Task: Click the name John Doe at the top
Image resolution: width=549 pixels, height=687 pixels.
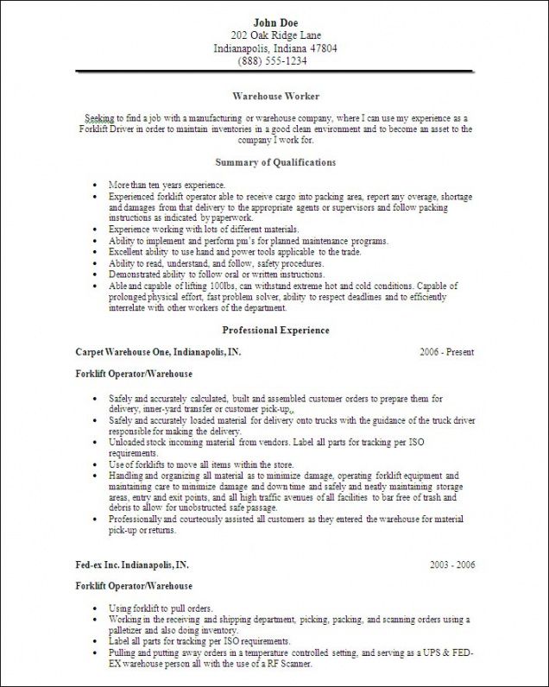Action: pos(275,21)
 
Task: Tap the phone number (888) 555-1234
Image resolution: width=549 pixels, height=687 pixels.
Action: pos(275,62)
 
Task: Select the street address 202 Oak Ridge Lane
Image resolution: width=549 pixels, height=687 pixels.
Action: pos(275,35)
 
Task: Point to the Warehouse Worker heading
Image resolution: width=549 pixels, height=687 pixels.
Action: pos(275,97)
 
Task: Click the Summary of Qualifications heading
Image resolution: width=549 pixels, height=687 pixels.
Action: pos(275,162)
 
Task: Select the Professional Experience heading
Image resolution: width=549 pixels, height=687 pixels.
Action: pos(275,330)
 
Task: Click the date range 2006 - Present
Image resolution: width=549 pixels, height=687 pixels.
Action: pos(447,352)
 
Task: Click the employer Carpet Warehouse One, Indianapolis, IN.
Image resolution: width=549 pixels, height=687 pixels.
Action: pos(158,352)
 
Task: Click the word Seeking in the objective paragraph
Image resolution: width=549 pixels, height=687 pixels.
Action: pos(102,117)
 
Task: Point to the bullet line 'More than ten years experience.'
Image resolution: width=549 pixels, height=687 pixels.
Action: pos(167,186)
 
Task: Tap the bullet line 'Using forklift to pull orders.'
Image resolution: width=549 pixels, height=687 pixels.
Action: pos(161,608)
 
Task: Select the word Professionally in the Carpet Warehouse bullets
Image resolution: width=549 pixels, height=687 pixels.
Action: pos(135,520)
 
